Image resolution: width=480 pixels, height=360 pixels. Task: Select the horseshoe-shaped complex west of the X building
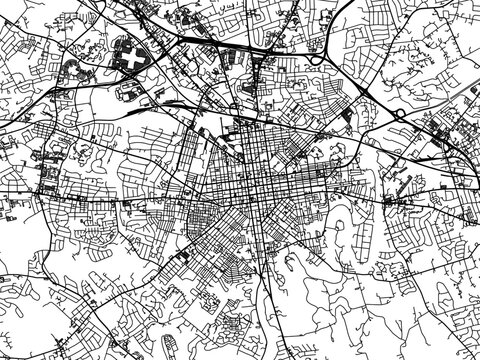pyautogui.click(x=75, y=71)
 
